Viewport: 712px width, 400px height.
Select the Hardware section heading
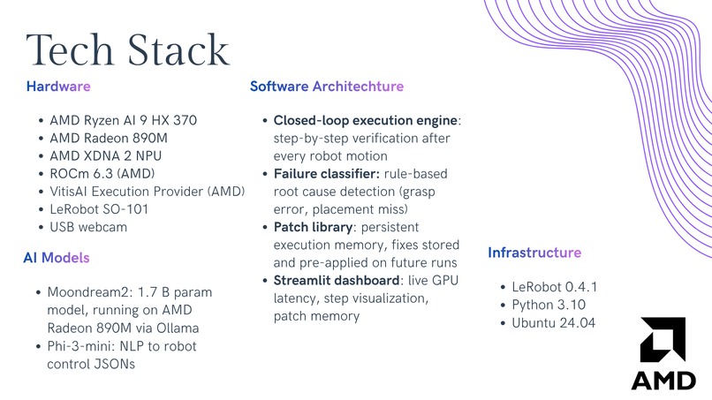[58, 87]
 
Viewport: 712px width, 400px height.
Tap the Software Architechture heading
[326, 87]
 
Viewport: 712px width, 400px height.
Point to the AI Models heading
[57, 258]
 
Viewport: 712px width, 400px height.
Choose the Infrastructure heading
[534, 253]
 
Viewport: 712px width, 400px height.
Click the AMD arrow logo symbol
[663, 339]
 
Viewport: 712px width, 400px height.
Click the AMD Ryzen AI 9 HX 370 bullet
[123, 120]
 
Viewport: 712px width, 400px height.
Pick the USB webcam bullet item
[88, 227]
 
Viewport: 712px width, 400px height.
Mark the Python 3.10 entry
[549, 305]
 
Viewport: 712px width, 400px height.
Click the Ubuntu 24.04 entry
[554, 323]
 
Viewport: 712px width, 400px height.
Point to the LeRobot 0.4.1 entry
[555, 287]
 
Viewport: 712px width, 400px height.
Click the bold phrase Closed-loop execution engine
[366, 120]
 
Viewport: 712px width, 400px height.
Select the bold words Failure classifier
[326, 173]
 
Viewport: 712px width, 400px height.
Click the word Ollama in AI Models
[178, 328]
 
